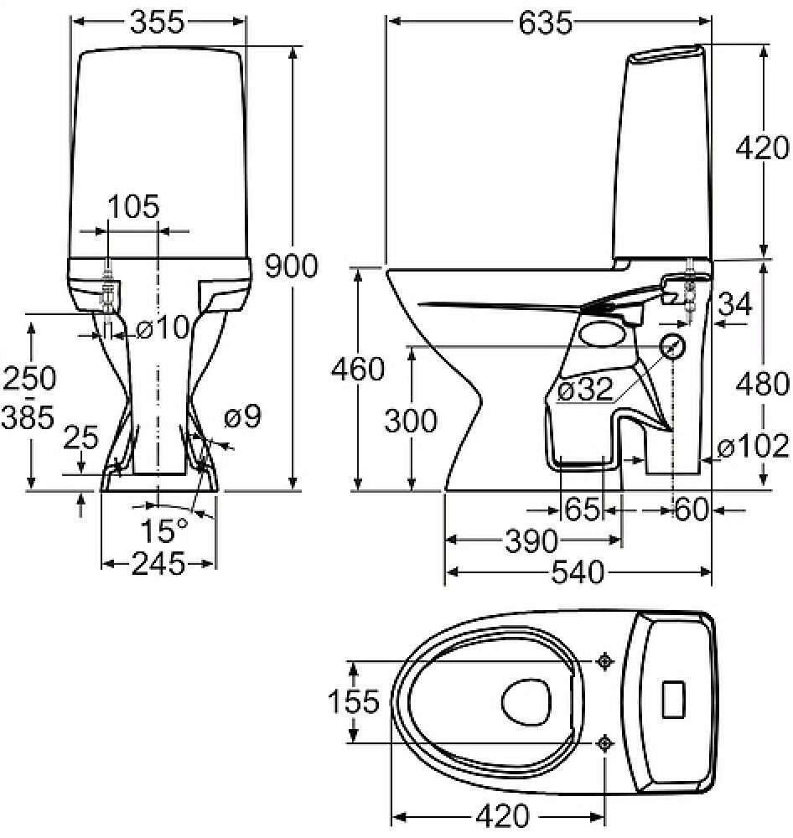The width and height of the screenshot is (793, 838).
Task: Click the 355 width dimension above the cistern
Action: click(157, 23)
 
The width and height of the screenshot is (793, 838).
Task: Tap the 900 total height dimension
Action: click(291, 266)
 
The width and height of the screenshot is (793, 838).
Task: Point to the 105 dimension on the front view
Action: click(133, 205)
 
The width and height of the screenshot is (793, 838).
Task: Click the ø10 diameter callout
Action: click(163, 329)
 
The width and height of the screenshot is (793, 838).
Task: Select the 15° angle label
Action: click(164, 530)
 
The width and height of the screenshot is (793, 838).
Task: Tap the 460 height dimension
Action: click(358, 370)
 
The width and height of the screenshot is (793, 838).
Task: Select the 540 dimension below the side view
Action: click(578, 573)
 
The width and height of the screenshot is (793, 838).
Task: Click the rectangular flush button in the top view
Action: click(674, 699)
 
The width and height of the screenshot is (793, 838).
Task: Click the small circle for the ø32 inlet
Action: click(673, 346)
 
